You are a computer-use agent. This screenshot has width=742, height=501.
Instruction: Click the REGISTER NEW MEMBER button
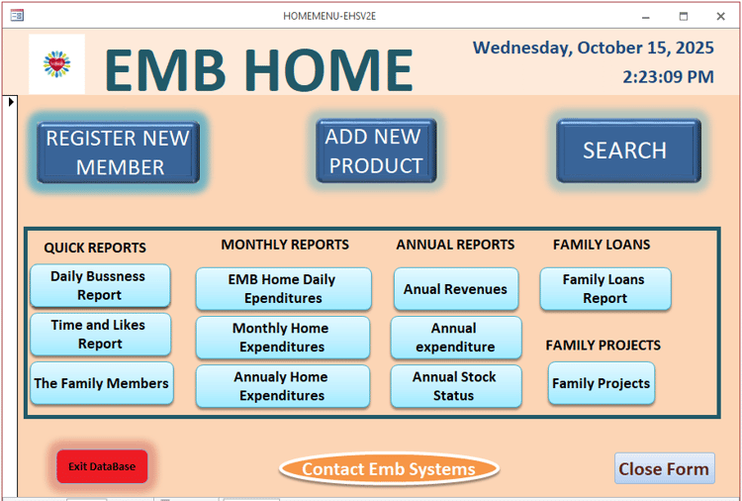click(119, 152)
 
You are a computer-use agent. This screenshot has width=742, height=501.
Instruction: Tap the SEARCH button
click(627, 150)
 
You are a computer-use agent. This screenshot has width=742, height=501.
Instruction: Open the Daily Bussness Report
click(100, 286)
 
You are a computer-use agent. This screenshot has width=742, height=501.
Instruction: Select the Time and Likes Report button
click(100, 335)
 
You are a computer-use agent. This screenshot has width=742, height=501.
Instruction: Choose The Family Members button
click(101, 383)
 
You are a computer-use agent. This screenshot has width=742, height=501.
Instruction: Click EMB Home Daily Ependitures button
click(283, 289)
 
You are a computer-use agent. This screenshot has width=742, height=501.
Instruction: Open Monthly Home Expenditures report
click(282, 338)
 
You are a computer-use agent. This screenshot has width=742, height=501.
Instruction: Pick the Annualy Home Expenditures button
click(282, 386)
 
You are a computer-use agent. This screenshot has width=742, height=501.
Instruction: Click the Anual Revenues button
click(455, 289)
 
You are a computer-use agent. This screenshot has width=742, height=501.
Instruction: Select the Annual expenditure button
click(455, 338)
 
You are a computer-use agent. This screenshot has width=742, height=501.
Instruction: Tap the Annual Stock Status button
click(455, 386)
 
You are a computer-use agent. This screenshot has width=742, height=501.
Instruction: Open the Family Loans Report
click(604, 289)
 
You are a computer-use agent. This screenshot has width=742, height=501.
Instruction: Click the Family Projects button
click(602, 383)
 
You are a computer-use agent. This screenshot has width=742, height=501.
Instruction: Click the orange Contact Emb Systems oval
click(388, 469)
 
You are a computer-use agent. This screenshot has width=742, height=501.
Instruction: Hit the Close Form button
click(664, 469)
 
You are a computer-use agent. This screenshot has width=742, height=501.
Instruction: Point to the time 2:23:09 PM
click(668, 76)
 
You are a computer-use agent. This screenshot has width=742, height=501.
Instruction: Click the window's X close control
click(720, 16)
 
